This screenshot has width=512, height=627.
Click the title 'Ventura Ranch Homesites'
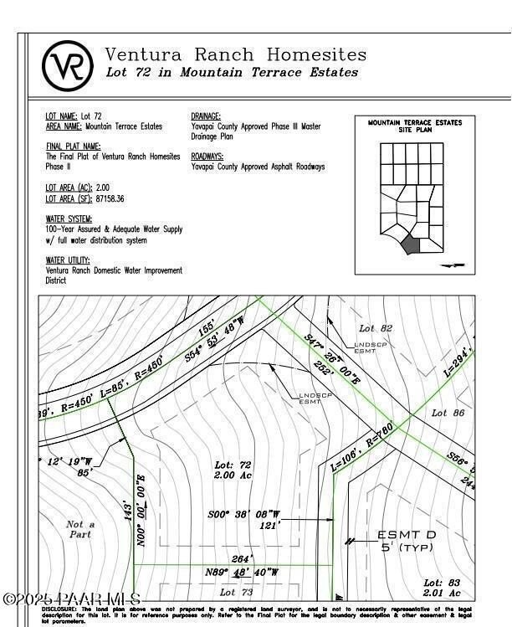(x=235, y=54)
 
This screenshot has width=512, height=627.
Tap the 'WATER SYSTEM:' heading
(x=69, y=218)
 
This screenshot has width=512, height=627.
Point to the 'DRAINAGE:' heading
(x=206, y=116)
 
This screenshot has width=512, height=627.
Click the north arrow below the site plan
(x=453, y=265)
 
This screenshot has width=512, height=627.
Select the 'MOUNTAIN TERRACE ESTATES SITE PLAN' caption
(x=415, y=127)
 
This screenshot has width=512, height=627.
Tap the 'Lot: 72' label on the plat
(x=233, y=465)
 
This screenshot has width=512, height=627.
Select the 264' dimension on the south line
(x=242, y=560)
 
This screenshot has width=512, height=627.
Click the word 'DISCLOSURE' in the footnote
(x=63, y=609)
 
